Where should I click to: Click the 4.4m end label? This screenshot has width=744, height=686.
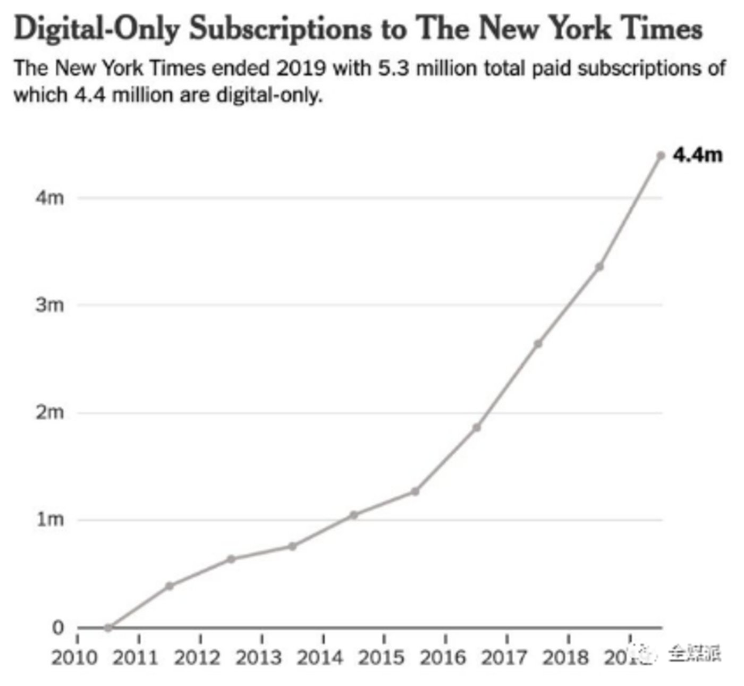pyautogui.click(x=697, y=155)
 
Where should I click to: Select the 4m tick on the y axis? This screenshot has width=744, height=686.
pyautogui.click(x=49, y=198)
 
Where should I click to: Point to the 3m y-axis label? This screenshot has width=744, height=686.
pyautogui.click(x=49, y=305)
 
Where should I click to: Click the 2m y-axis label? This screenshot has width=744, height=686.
pyautogui.click(x=49, y=412)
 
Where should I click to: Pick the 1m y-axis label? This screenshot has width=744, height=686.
pyautogui.click(x=49, y=519)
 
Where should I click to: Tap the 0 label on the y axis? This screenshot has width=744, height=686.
pyautogui.click(x=57, y=627)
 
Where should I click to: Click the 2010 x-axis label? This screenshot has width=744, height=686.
pyautogui.click(x=74, y=658)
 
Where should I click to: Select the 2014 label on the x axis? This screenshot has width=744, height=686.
pyautogui.click(x=319, y=658)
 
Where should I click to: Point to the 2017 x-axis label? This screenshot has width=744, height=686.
pyautogui.click(x=504, y=658)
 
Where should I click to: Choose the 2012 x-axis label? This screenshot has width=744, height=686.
pyautogui.click(x=197, y=658)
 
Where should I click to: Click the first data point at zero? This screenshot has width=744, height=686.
pyautogui.click(x=108, y=628)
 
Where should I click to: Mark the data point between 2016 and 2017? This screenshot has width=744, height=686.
pyautogui.click(x=477, y=427)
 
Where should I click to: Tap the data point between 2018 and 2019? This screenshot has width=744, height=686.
pyautogui.click(x=599, y=267)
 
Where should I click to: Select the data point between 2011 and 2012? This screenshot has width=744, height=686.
pyautogui.click(x=170, y=586)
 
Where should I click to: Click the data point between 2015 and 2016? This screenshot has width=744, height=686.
pyautogui.click(x=415, y=492)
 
